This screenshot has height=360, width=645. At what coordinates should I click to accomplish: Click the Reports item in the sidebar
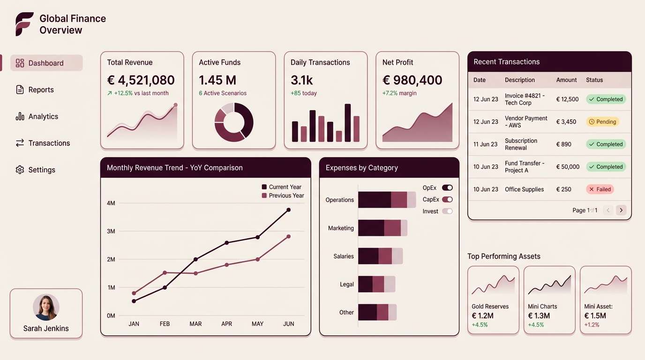(41, 90)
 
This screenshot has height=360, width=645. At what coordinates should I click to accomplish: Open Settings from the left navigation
(41, 170)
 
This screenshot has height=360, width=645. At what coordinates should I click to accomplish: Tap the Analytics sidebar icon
(20, 117)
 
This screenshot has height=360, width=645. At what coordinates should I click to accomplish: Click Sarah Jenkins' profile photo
(46, 307)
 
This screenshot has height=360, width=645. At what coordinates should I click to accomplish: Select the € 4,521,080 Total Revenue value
(141, 80)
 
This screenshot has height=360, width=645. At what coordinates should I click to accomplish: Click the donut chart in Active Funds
(233, 122)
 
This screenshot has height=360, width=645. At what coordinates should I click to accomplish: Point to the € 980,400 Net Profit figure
(412, 80)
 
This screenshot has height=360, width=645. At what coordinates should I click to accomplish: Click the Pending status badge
(602, 122)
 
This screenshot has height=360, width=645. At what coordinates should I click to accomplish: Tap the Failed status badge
(600, 189)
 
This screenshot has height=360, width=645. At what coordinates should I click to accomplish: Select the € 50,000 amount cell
(568, 167)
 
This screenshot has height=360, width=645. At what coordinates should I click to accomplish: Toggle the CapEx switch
(447, 200)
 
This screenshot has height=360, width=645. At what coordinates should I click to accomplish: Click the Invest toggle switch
(447, 211)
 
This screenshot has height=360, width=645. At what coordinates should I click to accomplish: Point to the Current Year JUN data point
(288, 210)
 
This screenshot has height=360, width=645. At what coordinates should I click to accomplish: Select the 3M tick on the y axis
(111, 232)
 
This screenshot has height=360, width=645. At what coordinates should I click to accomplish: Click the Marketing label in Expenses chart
(341, 228)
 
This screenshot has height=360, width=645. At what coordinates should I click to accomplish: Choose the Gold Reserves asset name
(490, 307)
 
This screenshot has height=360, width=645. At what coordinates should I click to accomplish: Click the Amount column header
(566, 80)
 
